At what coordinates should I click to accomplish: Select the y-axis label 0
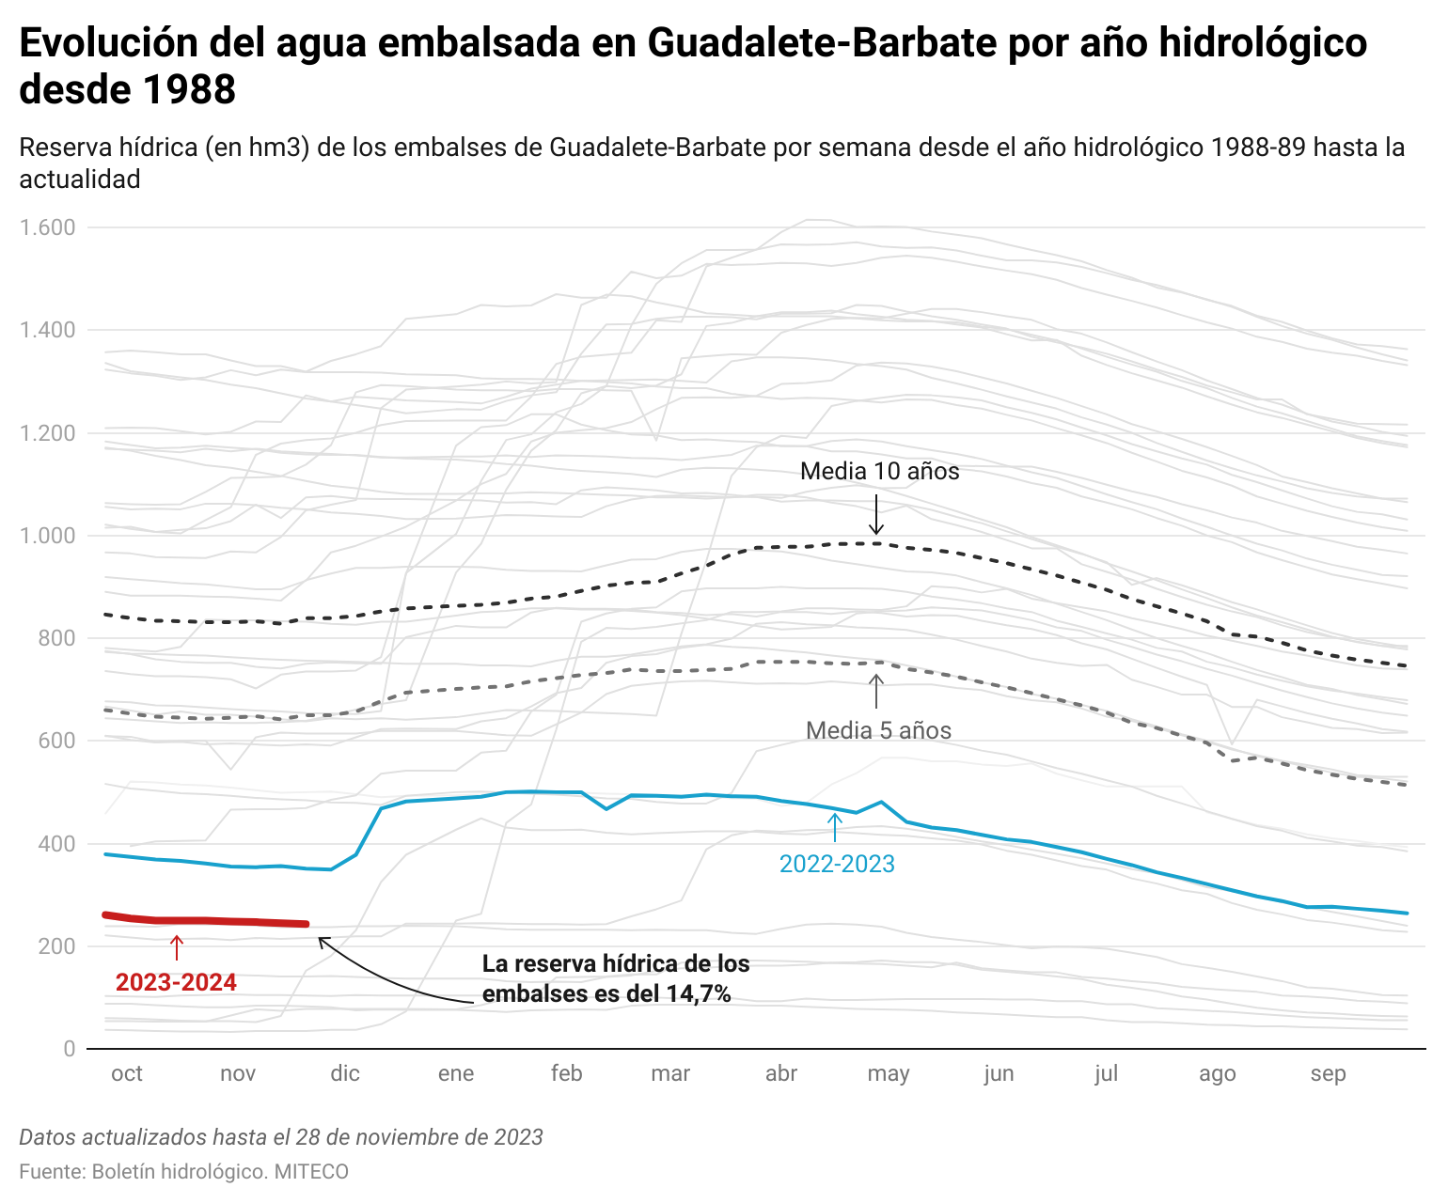click(70, 1049)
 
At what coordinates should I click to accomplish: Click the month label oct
click(127, 1074)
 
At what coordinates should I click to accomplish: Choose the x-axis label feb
click(566, 1074)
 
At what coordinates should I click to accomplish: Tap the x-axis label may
click(888, 1074)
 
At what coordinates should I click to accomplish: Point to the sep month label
click(1328, 1074)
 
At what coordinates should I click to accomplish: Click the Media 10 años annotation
click(879, 472)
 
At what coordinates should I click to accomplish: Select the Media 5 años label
click(878, 731)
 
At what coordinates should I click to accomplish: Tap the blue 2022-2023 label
click(837, 865)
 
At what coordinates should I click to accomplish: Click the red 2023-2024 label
click(176, 983)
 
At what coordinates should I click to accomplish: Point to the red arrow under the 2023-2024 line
click(177, 946)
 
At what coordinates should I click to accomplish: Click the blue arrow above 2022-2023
click(834, 827)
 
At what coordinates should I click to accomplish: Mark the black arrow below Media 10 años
click(876, 515)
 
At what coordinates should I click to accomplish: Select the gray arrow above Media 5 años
click(876, 691)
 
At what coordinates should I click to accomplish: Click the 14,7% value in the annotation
click(699, 994)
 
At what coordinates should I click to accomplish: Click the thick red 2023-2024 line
click(207, 921)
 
